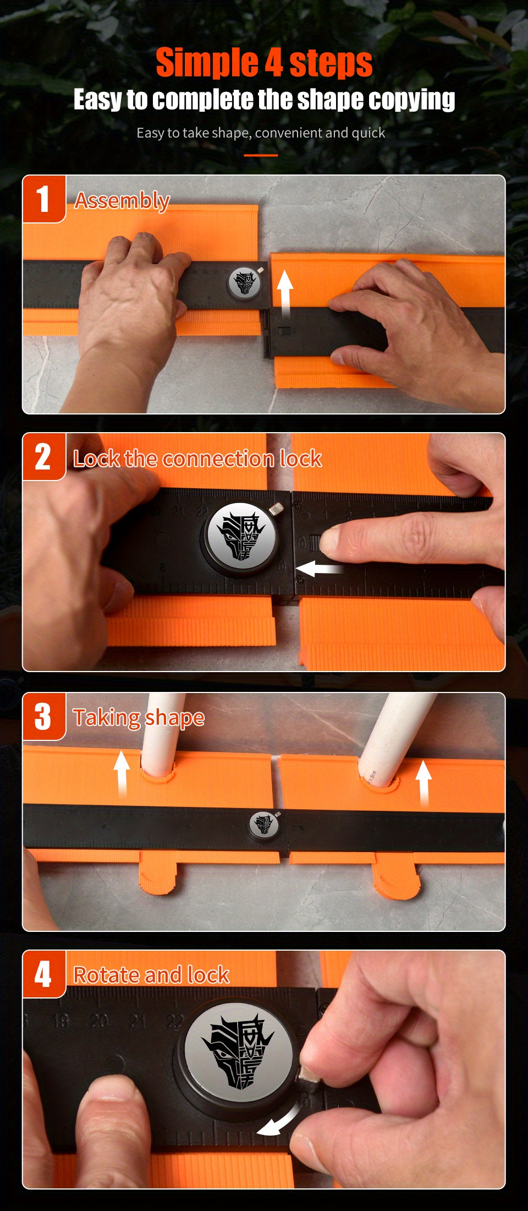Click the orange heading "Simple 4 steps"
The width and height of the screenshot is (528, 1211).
tap(264, 63)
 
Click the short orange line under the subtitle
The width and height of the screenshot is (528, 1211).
tap(261, 155)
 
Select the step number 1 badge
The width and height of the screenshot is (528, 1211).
tap(43, 199)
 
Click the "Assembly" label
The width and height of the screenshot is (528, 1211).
tap(122, 201)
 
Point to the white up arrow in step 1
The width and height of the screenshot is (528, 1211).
tap(284, 292)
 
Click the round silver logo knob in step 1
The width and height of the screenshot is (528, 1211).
tap(245, 283)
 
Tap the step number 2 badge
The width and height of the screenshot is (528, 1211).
tap(43, 456)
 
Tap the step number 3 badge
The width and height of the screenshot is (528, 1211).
tap(43, 716)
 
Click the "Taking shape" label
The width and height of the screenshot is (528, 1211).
tap(139, 718)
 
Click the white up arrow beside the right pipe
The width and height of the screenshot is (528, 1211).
tap(424, 782)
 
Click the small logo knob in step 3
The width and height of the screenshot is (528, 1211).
tap(263, 824)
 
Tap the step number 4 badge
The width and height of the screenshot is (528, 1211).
tap(43, 974)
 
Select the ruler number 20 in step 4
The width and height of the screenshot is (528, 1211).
tap(99, 1022)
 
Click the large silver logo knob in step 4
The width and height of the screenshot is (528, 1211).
tap(238, 1052)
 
